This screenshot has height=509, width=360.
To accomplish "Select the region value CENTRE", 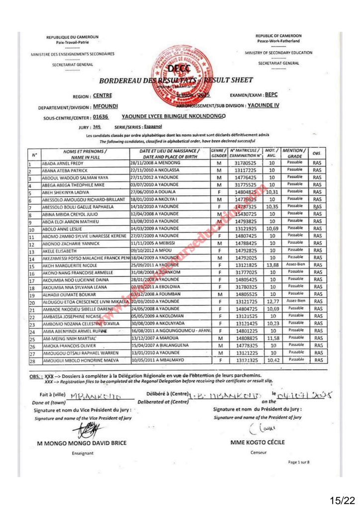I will click(x=102, y=95).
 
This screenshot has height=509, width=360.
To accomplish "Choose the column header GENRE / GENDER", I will click(x=219, y=153).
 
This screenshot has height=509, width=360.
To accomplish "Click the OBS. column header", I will click(x=317, y=153).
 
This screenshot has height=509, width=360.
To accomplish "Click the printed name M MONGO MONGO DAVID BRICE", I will click(x=82, y=442).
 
